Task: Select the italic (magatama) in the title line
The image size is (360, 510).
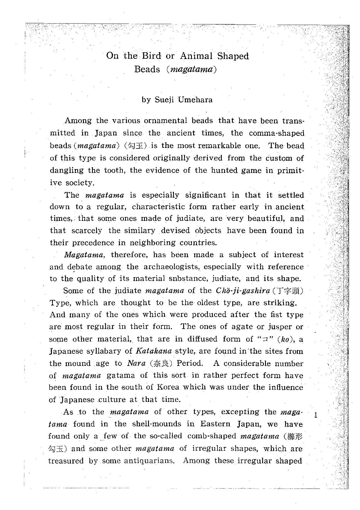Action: coord(192,70)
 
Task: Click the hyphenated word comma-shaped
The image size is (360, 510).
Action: coord(277,133)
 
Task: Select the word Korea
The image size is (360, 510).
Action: coord(168,387)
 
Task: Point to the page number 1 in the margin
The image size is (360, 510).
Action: coord(316,415)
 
